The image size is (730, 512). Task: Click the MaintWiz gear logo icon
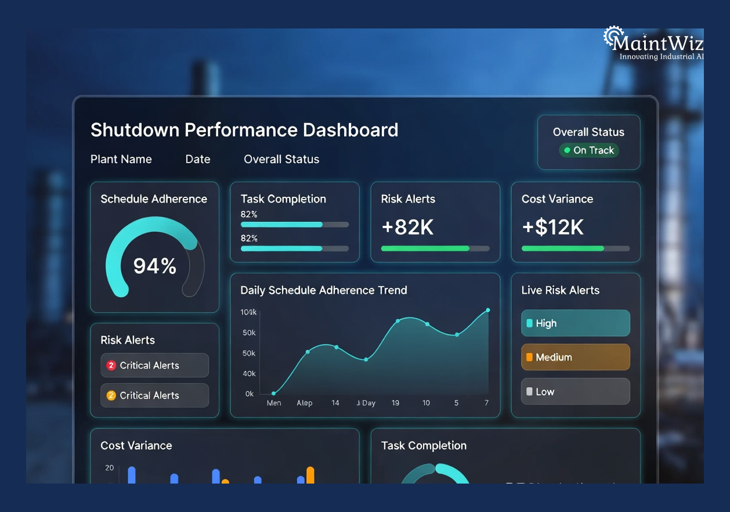click(613, 37)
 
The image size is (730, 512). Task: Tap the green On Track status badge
click(588, 150)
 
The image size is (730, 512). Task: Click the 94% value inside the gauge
click(154, 266)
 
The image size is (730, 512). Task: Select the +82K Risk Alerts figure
click(407, 228)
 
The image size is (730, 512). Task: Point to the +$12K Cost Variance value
click(552, 228)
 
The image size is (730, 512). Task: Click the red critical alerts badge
click(111, 366)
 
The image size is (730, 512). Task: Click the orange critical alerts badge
click(111, 396)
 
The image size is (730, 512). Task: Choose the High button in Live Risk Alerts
click(575, 323)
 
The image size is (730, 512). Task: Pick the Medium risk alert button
click(575, 358)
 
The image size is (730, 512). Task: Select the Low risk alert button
click(575, 392)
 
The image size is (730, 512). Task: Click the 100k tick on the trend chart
click(248, 312)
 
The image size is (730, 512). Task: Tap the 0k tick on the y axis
click(250, 394)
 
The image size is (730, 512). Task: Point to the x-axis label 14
click(335, 403)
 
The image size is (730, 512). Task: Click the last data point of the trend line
click(487, 310)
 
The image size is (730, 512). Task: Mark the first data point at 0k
click(273, 393)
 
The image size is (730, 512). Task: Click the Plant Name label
click(121, 159)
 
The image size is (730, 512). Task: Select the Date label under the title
click(198, 159)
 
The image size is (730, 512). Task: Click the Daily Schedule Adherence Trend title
click(324, 290)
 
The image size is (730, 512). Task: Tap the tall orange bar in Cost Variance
click(310, 475)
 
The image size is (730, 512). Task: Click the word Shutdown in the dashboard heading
click(135, 129)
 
